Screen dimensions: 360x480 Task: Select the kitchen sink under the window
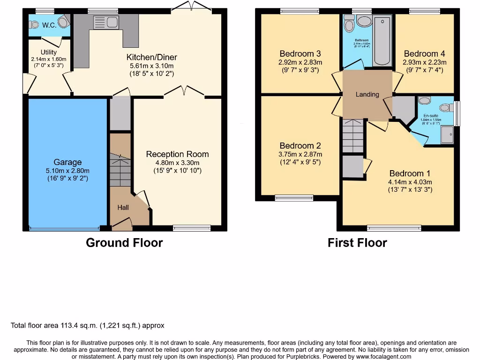pyautogui.click(x=106, y=22)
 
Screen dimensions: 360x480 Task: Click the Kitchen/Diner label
pyautogui.click(x=151, y=57)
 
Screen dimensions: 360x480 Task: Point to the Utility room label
pyautogui.click(x=49, y=52)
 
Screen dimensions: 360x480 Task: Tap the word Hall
pyautogui.click(x=123, y=207)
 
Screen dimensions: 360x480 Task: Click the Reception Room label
pyautogui.click(x=177, y=154)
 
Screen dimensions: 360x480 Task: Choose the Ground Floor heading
pyautogui.click(x=124, y=243)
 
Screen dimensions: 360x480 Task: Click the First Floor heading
pyautogui.click(x=357, y=243)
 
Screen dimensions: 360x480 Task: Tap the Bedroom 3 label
pyautogui.click(x=300, y=53)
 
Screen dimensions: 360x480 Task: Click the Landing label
pyautogui.click(x=367, y=94)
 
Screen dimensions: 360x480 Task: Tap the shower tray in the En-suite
pyautogui.click(x=447, y=134)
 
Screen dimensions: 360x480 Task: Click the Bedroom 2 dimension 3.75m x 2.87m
pyautogui.click(x=300, y=154)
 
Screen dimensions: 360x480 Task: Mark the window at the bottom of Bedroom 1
pyautogui.click(x=394, y=228)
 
